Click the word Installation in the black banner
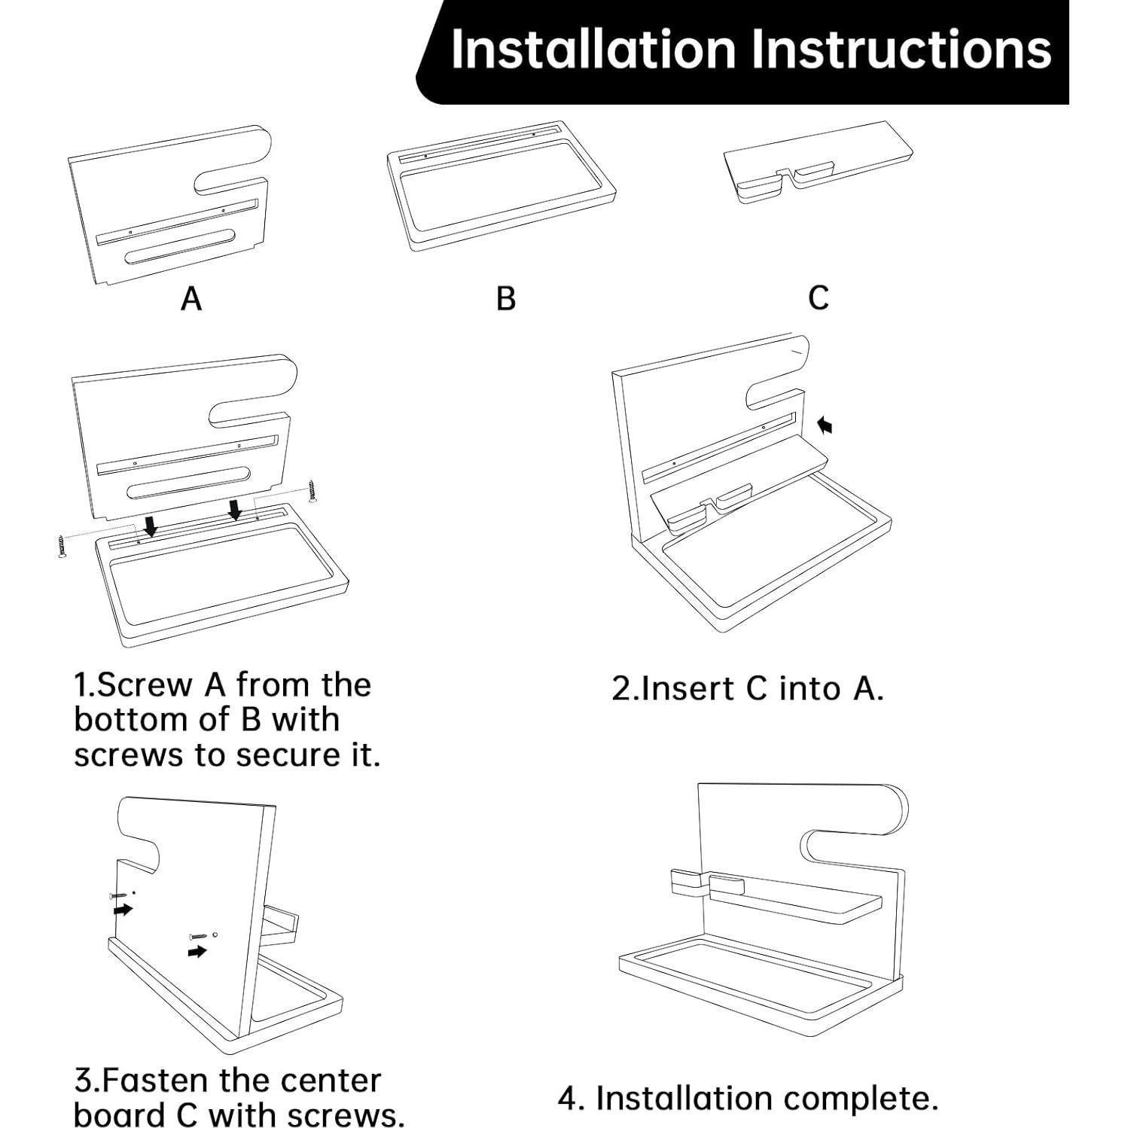(593, 50)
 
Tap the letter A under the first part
(191, 299)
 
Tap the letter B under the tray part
(506, 299)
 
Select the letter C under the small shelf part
(819, 298)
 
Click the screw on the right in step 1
(313, 490)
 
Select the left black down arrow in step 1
(151, 525)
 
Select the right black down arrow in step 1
(235, 509)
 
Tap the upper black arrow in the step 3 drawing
(122, 910)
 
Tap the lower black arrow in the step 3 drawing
(197, 952)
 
